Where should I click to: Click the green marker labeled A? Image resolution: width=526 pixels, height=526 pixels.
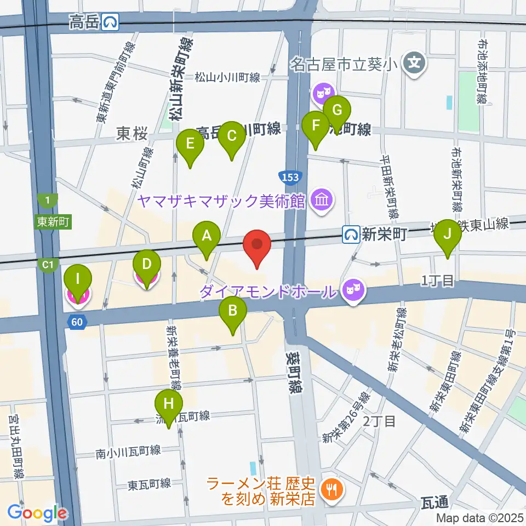pos(207,237)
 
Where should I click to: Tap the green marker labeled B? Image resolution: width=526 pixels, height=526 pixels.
pos(233,312)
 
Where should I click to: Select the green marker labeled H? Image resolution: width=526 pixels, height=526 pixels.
pos(169,405)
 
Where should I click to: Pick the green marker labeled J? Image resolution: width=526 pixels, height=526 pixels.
pos(448,235)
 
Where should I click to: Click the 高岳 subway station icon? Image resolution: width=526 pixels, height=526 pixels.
pos(111,22)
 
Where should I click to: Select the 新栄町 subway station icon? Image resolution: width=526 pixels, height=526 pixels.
pos(351,235)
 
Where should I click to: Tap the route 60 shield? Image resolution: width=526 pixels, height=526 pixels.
pos(77,322)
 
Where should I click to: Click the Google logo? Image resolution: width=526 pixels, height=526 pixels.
pos(37,513)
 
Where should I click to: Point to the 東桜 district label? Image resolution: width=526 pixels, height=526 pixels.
pos(132,134)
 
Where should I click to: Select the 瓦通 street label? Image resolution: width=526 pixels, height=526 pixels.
pos(436,501)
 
